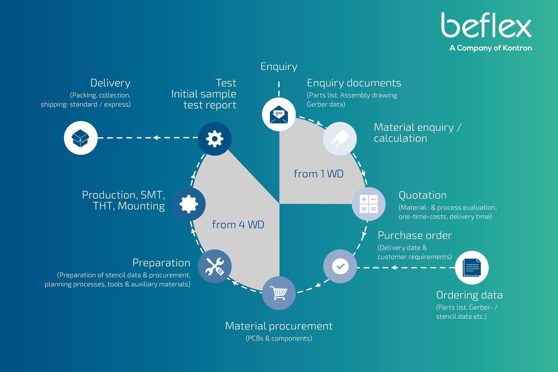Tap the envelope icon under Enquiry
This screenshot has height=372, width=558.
(279, 114)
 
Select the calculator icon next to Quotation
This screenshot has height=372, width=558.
(369, 204)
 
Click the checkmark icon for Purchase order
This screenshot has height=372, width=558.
(340, 266)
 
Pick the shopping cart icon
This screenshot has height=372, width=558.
(279, 293)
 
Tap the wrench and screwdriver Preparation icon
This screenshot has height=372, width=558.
(215, 266)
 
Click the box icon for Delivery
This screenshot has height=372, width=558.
(81, 138)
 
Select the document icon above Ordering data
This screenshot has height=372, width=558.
(471, 268)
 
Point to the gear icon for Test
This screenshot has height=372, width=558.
(215, 139)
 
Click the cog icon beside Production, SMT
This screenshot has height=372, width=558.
(189, 204)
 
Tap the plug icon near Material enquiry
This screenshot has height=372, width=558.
(340, 139)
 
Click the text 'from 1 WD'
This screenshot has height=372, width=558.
(319, 174)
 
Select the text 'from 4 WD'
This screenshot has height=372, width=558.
(238, 225)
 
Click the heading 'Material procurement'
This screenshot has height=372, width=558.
(279, 326)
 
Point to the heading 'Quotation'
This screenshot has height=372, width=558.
(423, 195)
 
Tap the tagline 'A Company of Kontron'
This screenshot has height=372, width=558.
(491, 48)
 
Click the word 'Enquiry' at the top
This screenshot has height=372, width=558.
(279, 67)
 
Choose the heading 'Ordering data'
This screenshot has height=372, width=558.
(469, 295)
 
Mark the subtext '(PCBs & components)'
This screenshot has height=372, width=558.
(279, 338)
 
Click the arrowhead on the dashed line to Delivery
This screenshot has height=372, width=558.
(156, 137)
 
